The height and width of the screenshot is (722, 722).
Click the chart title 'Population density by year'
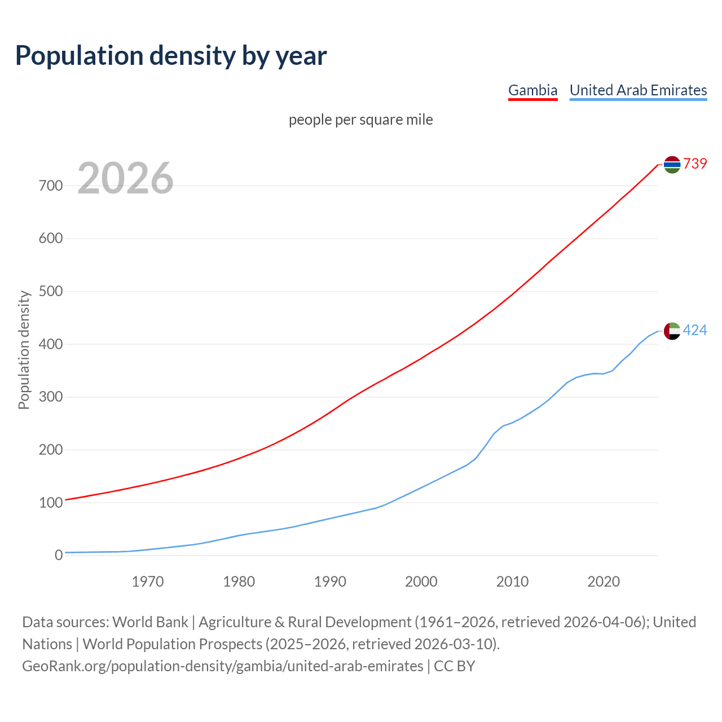click(x=171, y=55)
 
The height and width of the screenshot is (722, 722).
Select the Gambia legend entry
click(x=532, y=90)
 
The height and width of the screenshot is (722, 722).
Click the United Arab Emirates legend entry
click(x=638, y=90)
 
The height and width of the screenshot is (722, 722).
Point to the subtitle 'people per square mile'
click(x=360, y=120)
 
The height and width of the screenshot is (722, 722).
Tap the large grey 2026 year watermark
click(x=125, y=178)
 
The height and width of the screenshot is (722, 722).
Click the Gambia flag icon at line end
click(x=672, y=164)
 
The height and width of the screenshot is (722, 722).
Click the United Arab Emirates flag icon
click(x=672, y=331)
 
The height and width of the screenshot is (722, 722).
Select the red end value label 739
click(x=695, y=164)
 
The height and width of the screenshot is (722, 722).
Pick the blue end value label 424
click(x=695, y=330)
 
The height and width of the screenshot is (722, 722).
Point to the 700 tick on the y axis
click(x=51, y=186)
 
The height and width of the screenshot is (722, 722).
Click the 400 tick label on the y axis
click(x=51, y=344)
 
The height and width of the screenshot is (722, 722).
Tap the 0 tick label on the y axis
click(x=59, y=556)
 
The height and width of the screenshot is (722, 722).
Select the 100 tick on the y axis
click(x=51, y=503)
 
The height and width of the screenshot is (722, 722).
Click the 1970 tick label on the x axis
click(x=148, y=582)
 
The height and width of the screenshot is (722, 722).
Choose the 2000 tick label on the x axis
click(x=421, y=582)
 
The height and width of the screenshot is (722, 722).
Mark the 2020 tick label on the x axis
click(x=604, y=582)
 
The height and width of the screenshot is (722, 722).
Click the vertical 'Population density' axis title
click(x=24, y=350)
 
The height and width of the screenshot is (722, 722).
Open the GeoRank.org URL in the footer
click(x=223, y=666)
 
